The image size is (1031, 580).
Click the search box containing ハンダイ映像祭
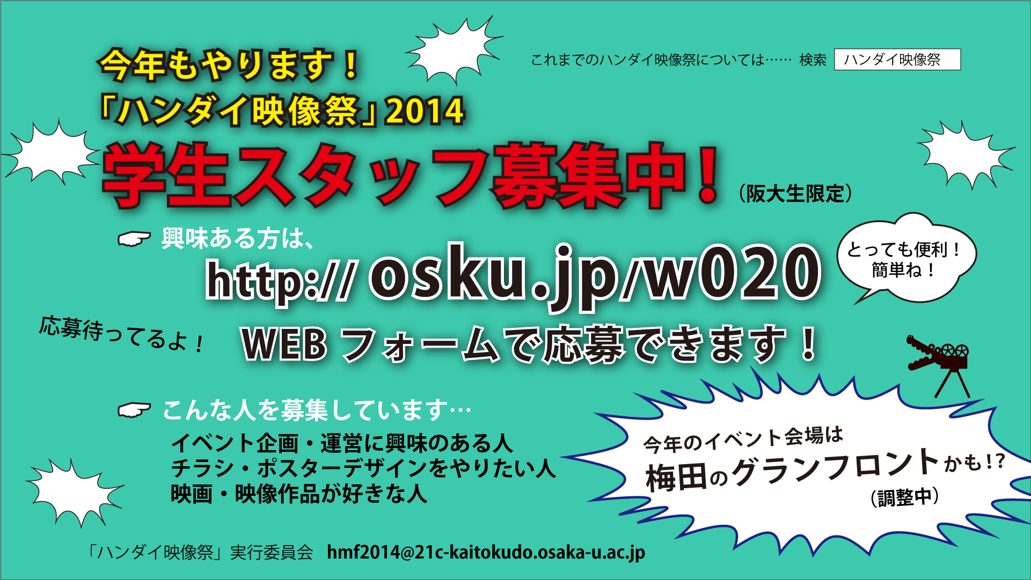pos(897,60)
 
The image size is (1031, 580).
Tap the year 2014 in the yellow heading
pos(425,111)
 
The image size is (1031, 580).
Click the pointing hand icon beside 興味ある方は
pos(134,239)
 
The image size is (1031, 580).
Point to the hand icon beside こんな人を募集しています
pos(134,410)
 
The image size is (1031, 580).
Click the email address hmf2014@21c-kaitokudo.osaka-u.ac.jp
pos(486,552)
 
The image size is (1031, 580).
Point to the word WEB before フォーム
pos(284,344)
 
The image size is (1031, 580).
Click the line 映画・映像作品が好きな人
pos(299,494)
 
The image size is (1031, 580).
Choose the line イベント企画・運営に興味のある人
pos(342,444)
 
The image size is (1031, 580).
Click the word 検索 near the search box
pos(813,60)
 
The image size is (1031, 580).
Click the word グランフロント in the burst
pos(835,466)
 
